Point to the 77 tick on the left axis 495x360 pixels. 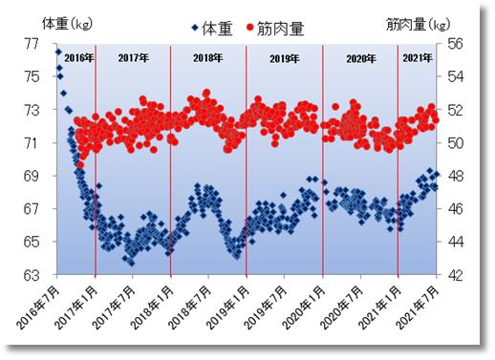point(33,44)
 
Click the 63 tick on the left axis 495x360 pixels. point(33,275)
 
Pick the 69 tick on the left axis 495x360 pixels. point(33,176)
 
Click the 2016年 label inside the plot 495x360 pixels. point(77,59)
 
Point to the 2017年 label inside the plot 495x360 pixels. point(133,59)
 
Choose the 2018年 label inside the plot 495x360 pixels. point(208,59)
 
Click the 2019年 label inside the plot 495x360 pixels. point(284,59)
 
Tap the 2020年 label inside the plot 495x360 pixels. point(359,59)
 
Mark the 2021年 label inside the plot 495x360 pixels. point(418,59)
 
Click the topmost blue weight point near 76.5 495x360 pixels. point(58,52)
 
